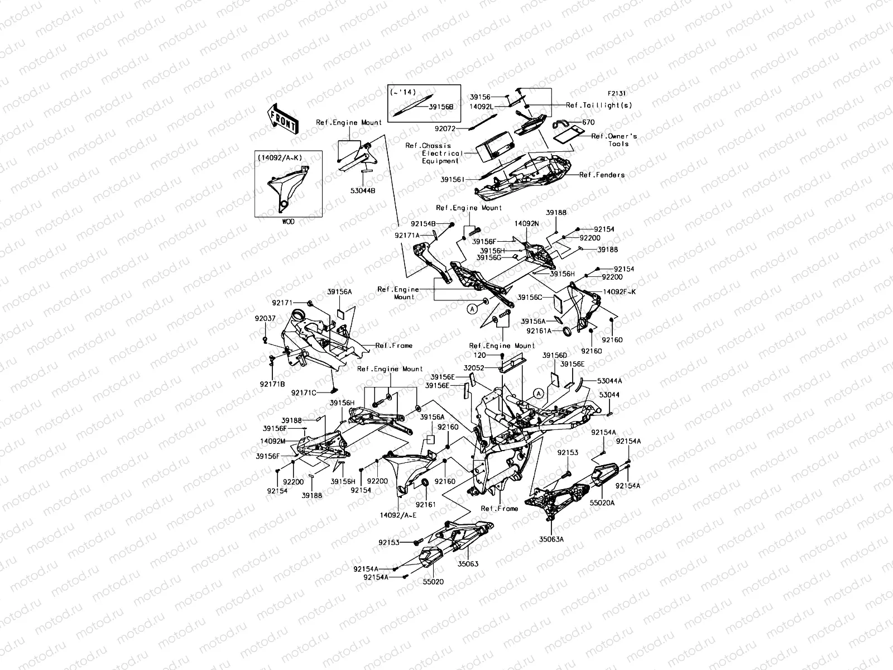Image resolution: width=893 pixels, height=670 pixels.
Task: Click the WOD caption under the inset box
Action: [288, 222]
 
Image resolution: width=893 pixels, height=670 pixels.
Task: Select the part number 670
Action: [588, 122]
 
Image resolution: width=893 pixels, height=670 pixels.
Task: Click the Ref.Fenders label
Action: [602, 175]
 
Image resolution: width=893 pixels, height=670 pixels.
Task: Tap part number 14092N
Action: [527, 223]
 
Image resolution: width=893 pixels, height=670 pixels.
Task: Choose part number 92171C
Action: [304, 393]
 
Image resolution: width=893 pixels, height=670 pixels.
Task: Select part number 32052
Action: [476, 368]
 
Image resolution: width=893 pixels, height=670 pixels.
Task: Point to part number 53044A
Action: [609, 380]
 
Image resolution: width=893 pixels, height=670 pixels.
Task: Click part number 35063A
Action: [551, 539]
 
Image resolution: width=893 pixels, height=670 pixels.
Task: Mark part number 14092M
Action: [273, 441]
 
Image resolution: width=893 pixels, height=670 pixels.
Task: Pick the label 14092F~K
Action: [619, 291]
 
